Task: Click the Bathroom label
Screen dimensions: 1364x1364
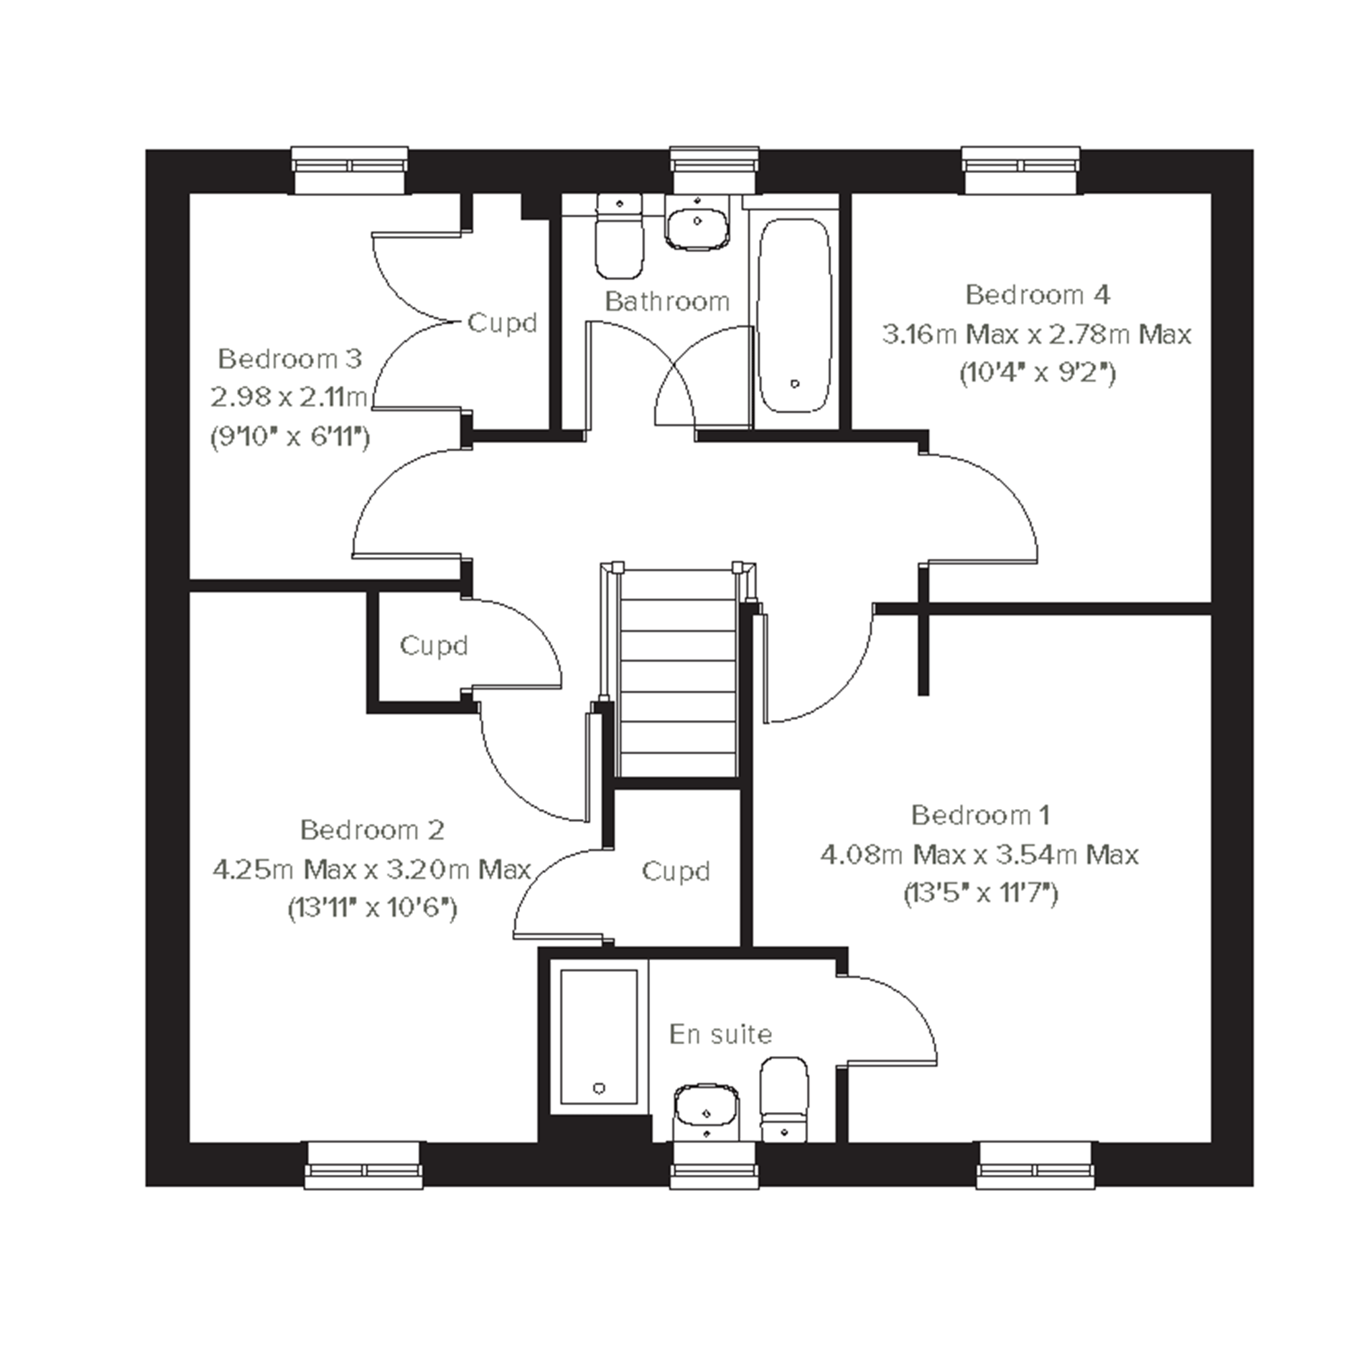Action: tap(667, 302)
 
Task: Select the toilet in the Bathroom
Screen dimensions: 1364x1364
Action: tap(620, 236)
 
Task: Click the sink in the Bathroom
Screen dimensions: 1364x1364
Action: tap(698, 221)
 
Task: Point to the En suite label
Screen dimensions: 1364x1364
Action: tap(721, 1035)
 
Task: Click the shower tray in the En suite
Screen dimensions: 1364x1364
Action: tap(599, 1037)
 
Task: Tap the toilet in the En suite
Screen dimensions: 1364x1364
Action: tap(784, 1099)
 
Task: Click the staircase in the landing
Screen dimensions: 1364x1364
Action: tap(677, 674)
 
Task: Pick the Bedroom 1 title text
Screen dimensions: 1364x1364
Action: tap(981, 816)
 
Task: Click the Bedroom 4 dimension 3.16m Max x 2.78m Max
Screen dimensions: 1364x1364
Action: tap(1037, 334)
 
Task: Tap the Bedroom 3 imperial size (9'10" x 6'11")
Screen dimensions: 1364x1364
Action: tap(290, 438)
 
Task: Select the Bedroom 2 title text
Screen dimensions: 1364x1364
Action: tap(372, 830)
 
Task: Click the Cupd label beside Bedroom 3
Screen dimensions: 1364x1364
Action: tap(502, 323)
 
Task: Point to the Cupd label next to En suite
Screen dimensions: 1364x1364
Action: tap(676, 871)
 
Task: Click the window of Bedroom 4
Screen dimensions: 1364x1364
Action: tap(1021, 170)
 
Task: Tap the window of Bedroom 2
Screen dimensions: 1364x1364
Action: tap(364, 1165)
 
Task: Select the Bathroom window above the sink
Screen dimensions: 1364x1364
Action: tap(715, 170)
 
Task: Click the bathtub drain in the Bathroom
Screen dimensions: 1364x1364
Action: tap(795, 384)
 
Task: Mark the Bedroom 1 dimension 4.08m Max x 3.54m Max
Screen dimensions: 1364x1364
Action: tap(979, 855)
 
